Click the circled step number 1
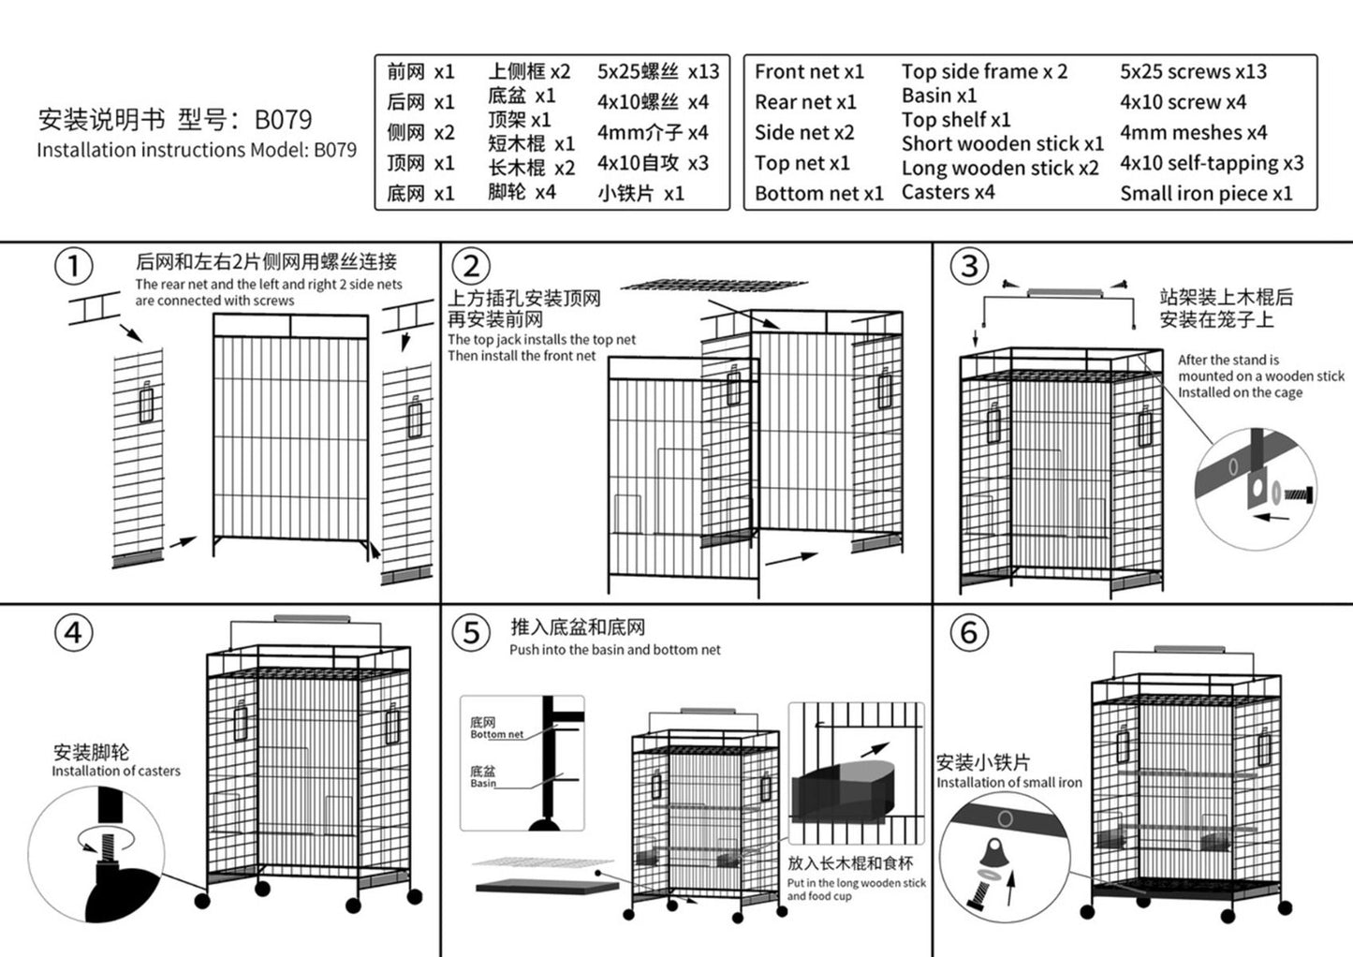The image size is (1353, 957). click(x=74, y=267)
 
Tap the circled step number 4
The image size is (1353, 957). click(x=73, y=633)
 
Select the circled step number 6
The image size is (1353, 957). click(x=969, y=633)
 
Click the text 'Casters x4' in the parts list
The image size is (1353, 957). click(x=948, y=192)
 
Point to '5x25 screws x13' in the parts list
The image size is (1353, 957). click(x=1193, y=71)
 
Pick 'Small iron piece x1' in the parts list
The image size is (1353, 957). click(x=1206, y=194)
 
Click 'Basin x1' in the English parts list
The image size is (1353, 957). click(x=938, y=96)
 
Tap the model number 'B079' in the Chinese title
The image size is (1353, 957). click(x=283, y=120)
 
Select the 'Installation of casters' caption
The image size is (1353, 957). click(x=116, y=771)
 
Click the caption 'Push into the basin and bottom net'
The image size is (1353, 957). click(x=615, y=650)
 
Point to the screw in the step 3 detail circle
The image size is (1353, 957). click(x=1298, y=492)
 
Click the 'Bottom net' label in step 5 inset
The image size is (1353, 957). click(x=496, y=735)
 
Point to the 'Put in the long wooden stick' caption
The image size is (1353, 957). click(x=856, y=883)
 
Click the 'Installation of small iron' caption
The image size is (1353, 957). click(x=1008, y=782)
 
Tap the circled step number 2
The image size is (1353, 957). click(x=471, y=267)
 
